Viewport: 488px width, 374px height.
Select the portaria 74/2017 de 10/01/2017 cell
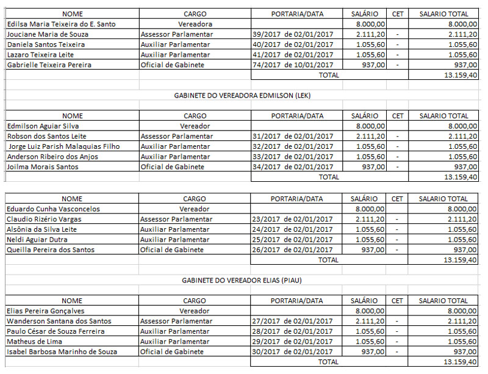pos(292,65)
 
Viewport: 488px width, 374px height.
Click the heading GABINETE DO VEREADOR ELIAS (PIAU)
pos(242,280)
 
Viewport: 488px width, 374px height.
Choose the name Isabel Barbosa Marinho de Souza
pos(62,351)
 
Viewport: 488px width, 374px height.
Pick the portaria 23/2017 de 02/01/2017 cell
pos(292,219)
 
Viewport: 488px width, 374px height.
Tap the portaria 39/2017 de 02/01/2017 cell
pos(292,34)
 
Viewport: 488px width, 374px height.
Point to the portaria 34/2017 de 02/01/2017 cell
pos(292,167)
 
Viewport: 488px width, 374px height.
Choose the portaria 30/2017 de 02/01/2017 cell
pos(292,351)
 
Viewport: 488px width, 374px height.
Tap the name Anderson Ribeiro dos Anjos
pos(54,157)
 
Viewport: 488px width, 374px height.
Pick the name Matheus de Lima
pos(35,341)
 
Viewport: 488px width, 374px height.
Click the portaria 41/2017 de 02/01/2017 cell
pos(292,54)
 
